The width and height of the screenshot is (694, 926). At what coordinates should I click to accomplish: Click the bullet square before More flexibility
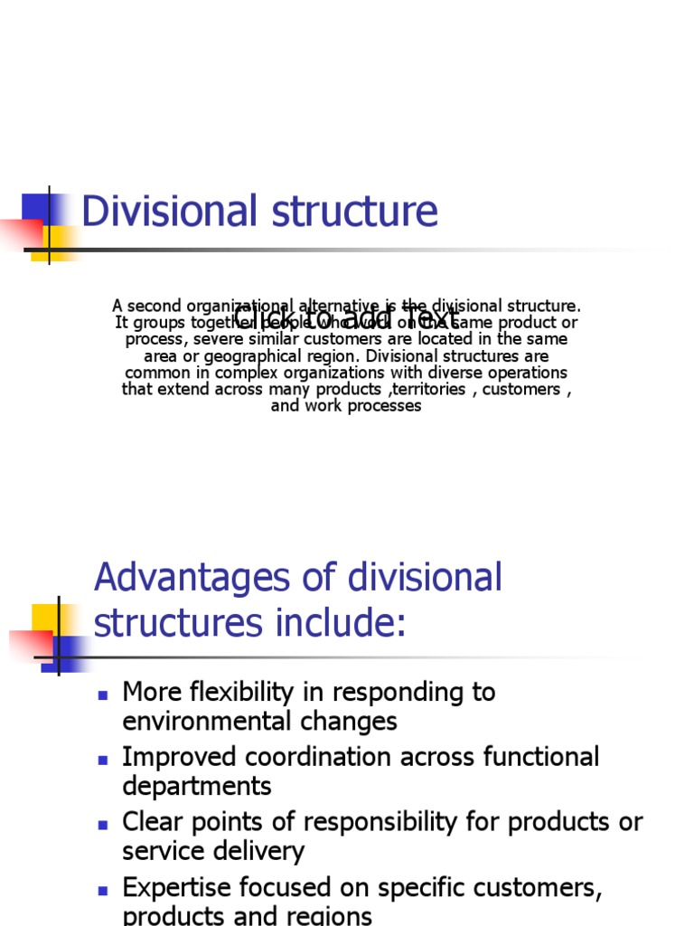[x=103, y=694]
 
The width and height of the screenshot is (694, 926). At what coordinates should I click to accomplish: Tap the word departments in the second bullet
[x=196, y=787]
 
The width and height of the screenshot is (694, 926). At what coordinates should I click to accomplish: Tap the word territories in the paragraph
[x=425, y=390]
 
